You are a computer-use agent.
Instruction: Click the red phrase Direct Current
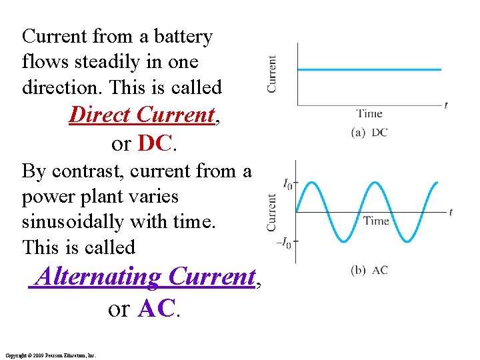click(x=142, y=115)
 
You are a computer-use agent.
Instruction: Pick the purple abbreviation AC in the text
click(x=157, y=308)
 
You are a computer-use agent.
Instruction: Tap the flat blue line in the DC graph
click(x=369, y=69)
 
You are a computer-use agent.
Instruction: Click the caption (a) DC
click(x=369, y=133)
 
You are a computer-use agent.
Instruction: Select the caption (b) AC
click(x=369, y=270)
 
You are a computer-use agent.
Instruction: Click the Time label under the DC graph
click(x=369, y=113)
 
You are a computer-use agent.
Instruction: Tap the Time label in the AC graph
click(x=377, y=221)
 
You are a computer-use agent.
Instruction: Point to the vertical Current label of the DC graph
click(x=272, y=73)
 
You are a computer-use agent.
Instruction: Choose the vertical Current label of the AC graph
click(x=272, y=213)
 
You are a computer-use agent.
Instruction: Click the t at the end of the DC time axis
click(x=445, y=105)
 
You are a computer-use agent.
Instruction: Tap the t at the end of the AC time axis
click(x=451, y=212)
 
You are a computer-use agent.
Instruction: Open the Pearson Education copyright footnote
click(x=50, y=355)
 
